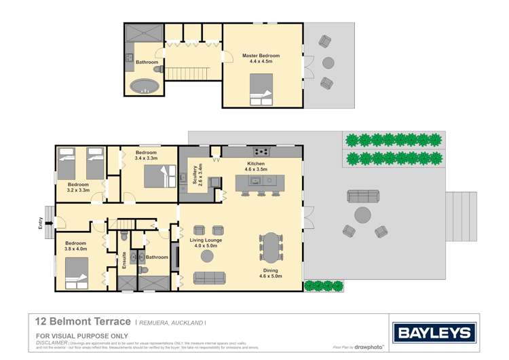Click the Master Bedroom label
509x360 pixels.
[261, 58]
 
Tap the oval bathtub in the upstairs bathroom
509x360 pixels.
[144, 86]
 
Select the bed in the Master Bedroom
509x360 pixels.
[261, 90]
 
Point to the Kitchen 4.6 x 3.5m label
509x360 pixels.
[257, 166]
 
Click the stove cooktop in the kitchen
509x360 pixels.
[261, 151]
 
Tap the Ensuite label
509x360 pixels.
[124, 260]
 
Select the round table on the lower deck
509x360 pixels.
[362, 215]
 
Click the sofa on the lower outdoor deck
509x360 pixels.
[362, 196]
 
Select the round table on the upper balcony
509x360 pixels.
[328, 62]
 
